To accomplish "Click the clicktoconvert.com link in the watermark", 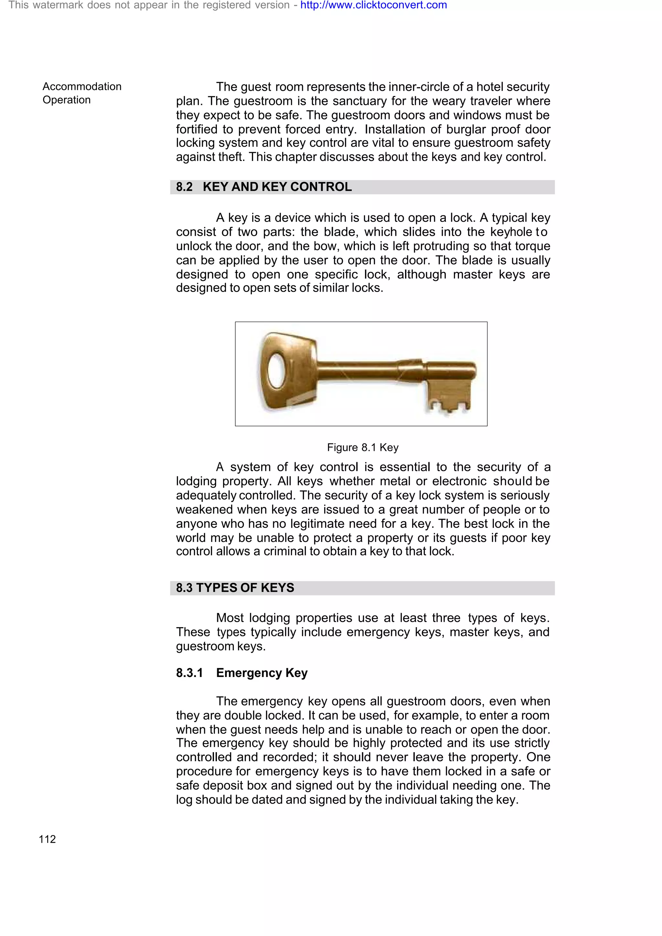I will click(x=373, y=5).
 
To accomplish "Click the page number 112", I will click(x=47, y=839).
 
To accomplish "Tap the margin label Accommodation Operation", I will click(x=81, y=93).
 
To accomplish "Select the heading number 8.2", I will click(x=184, y=187).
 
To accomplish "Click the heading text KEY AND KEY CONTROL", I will click(x=277, y=187).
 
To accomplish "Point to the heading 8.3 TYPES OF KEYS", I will click(x=235, y=588).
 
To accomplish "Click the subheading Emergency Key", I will click(x=262, y=673).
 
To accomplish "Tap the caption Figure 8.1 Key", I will click(x=362, y=448).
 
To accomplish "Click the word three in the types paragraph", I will click(x=446, y=618).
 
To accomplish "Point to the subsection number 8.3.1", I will click(x=189, y=673).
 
